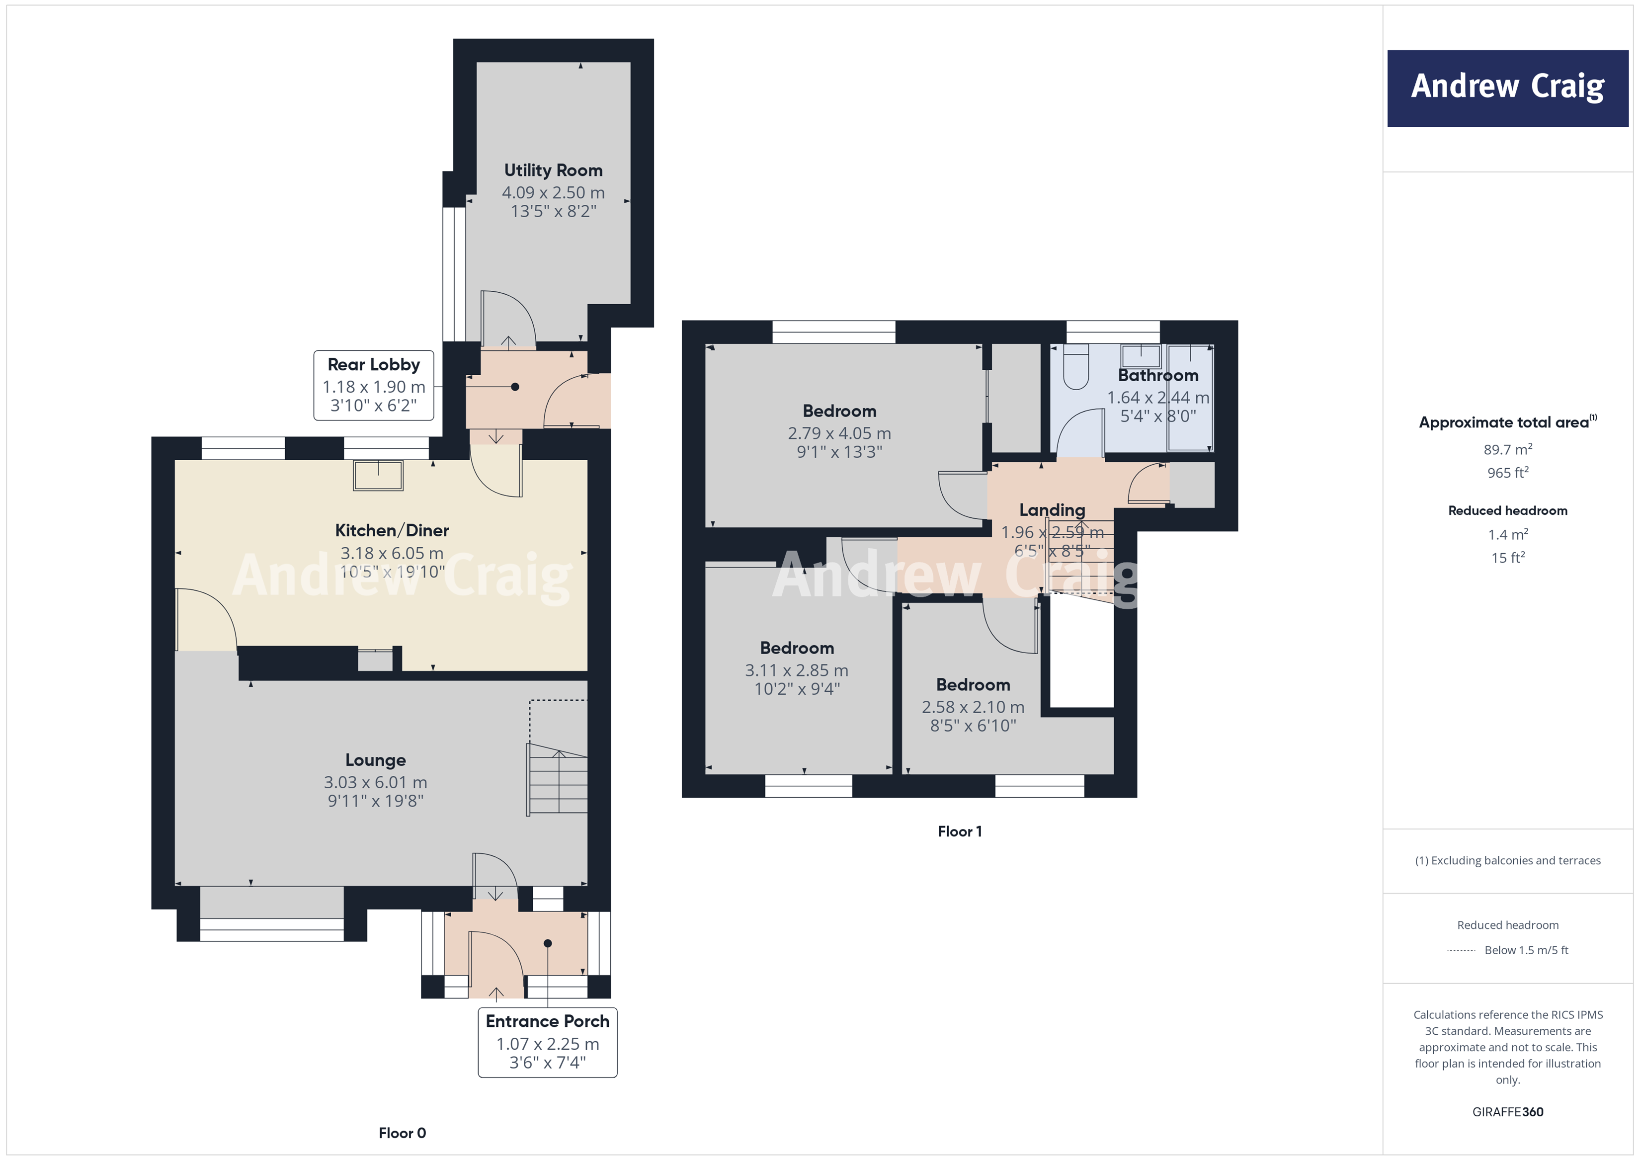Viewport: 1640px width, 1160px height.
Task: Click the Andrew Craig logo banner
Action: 1507,88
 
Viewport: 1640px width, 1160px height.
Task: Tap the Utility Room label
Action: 553,170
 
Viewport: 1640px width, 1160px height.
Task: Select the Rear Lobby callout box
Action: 374,385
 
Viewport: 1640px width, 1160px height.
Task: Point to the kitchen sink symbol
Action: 378,475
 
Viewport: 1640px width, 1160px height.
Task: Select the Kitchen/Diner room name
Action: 392,530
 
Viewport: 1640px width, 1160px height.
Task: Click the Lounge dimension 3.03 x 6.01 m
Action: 375,782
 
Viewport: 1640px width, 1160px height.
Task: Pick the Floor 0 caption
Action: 402,1132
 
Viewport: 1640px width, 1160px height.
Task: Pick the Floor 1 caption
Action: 959,830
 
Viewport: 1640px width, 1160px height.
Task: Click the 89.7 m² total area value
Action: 1507,449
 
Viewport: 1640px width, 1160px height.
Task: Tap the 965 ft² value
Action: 1507,472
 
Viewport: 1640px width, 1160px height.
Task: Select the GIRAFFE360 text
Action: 1507,1111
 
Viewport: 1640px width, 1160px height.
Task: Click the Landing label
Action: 1052,509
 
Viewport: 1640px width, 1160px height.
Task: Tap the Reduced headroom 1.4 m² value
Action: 1507,534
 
